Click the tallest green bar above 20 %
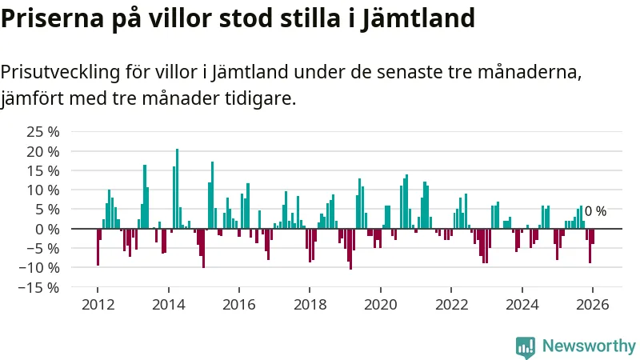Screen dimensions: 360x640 click(x=177, y=188)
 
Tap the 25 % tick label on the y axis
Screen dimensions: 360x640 click(x=43, y=131)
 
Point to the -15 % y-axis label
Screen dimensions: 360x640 click(x=40, y=286)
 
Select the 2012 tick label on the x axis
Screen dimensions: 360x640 click(x=98, y=305)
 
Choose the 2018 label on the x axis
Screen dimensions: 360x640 click(x=310, y=305)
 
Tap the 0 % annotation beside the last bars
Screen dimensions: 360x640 click(x=595, y=211)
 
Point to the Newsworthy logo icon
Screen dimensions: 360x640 click(x=526, y=346)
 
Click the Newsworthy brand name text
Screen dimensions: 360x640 click(x=589, y=346)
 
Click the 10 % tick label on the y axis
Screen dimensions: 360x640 click(x=43, y=190)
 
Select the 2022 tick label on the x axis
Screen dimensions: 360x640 click(x=451, y=305)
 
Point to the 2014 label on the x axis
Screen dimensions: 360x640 click(x=168, y=305)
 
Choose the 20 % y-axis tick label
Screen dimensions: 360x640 click(x=43, y=150)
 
